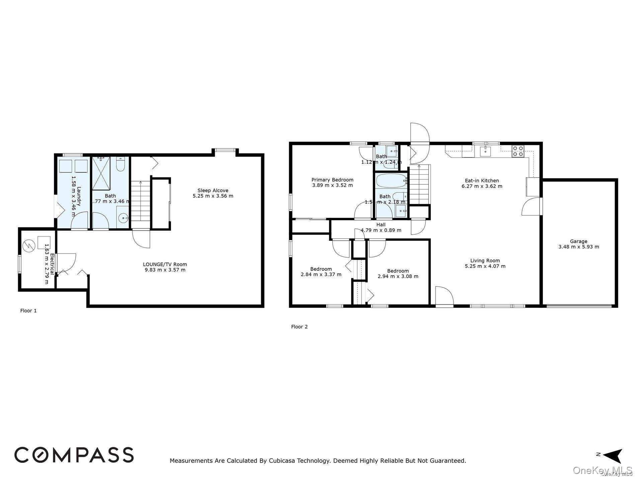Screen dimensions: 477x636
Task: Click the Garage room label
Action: (578, 241)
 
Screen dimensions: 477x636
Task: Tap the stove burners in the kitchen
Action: (518, 151)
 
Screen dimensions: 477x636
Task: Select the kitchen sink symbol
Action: (485, 152)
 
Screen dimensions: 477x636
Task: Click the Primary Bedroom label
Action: (332, 180)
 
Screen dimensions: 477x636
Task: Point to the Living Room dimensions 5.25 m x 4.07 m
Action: (485, 266)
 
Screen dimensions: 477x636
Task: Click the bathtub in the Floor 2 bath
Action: (391, 181)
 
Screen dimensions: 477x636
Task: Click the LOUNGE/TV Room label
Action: (165, 264)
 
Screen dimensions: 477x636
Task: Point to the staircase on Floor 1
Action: (140, 201)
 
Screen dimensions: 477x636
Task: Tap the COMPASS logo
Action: (74, 455)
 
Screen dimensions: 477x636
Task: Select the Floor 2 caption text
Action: (299, 327)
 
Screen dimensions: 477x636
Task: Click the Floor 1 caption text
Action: (28, 311)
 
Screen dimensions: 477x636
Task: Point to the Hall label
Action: (381, 225)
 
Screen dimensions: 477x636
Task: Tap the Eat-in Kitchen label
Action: (482, 180)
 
